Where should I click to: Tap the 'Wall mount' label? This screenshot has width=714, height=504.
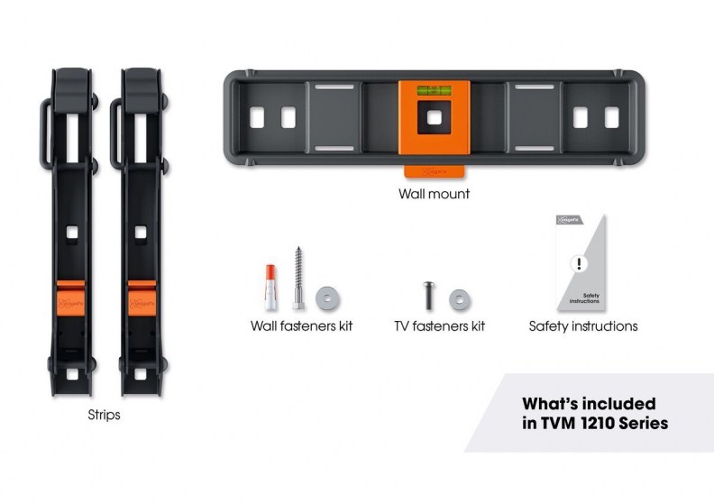pyautogui.click(x=435, y=193)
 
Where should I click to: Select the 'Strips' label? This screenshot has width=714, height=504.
pyautogui.click(x=105, y=416)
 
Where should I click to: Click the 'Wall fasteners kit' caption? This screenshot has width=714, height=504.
pyautogui.click(x=301, y=325)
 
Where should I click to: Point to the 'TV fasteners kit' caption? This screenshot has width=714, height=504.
pyautogui.click(x=439, y=325)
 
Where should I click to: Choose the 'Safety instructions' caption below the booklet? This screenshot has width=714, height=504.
pyautogui.click(x=582, y=325)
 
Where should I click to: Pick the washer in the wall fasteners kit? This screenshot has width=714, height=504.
pyautogui.click(x=324, y=297)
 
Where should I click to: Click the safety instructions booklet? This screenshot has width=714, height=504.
pyautogui.click(x=582, y=262)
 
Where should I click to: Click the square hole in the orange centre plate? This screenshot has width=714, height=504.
pyautogui.click(x=434, y=118)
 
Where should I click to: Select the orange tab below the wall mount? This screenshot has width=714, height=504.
pyautogui.click(x=434, y=169)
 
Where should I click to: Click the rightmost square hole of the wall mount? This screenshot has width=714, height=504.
pyautogui.click(x=612, y=117)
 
